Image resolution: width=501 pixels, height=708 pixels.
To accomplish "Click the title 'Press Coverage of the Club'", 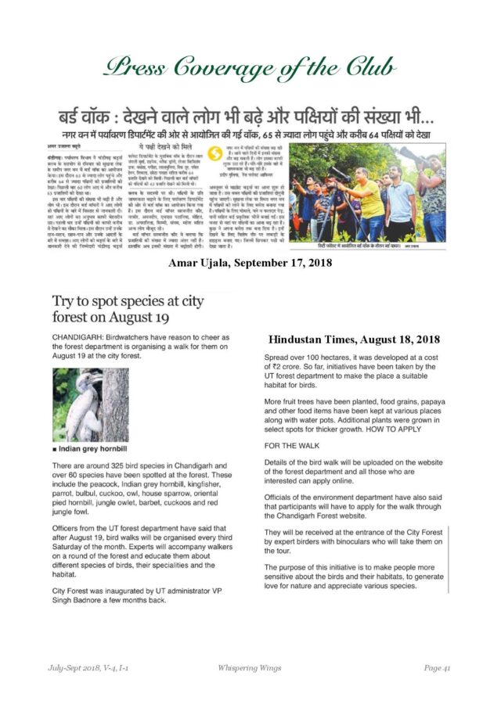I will click(250, 69).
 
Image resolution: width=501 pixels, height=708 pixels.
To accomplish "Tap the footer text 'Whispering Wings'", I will click(250, 667).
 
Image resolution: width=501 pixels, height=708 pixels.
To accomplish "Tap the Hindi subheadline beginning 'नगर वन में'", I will click(250, 135).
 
